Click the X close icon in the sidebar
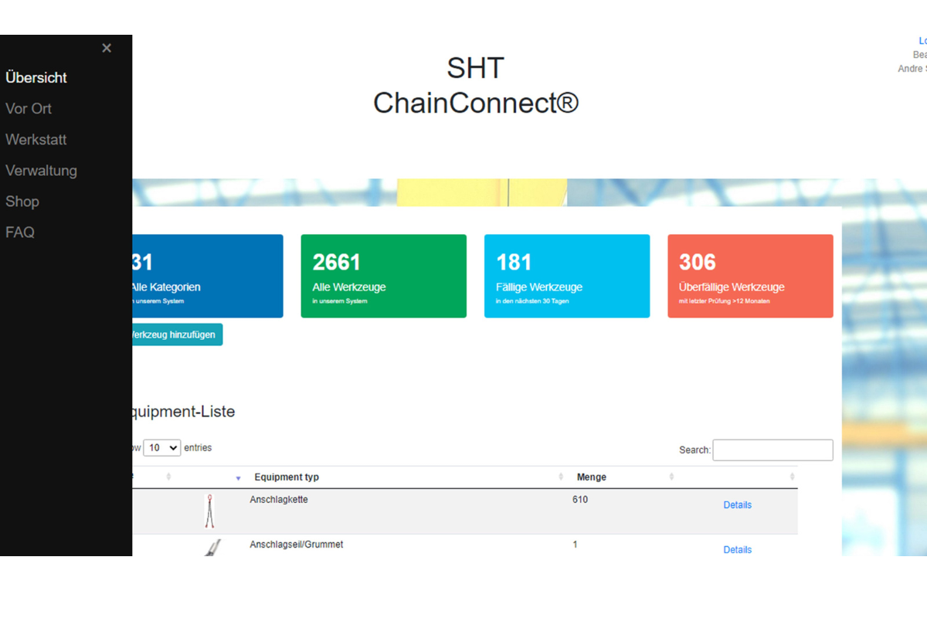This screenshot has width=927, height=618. coord(107,48)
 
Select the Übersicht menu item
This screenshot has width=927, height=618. coord(36,78)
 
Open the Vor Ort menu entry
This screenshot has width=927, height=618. coord(29,109)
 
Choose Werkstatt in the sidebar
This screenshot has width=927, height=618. coord(36,140)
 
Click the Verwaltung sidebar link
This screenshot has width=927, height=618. coord(41,171)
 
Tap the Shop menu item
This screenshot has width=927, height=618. coord(22,202)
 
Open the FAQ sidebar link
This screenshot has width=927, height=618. coord(20,233)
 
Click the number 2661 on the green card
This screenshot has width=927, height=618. coord(336,263)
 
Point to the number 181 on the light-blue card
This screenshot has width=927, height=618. coord(514,263)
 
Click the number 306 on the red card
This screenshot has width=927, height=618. coord(698,263)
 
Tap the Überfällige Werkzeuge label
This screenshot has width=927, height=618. coord(732,287)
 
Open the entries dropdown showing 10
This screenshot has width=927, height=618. coord(161,448)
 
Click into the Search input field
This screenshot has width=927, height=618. coord(772,450)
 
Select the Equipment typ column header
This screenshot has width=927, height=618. coord(287,477)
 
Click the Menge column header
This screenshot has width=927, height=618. coord(592,477)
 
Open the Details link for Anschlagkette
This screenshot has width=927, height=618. coord(737,505)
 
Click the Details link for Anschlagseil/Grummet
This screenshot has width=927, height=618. coord(737,550)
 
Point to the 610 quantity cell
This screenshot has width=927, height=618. coord(580,500)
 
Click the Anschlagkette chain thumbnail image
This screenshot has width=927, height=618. coord(209,511)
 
